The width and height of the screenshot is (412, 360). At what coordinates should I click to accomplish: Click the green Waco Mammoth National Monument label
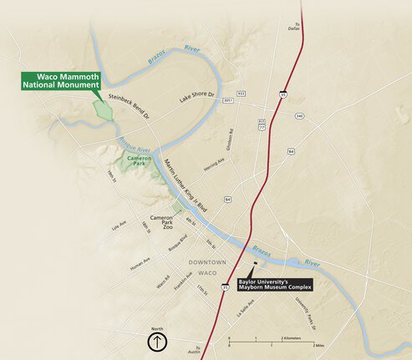pyautogui.click(x=61, y=80)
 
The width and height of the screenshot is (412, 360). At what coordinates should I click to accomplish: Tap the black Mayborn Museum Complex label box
pyautogui.click(x=274, y=286)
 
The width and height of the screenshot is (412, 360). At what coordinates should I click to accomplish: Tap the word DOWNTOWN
pyautogui.click(x=207, y=261)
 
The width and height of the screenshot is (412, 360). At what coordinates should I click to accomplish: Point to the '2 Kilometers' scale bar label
pyautogui.click(x=292, y=338)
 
